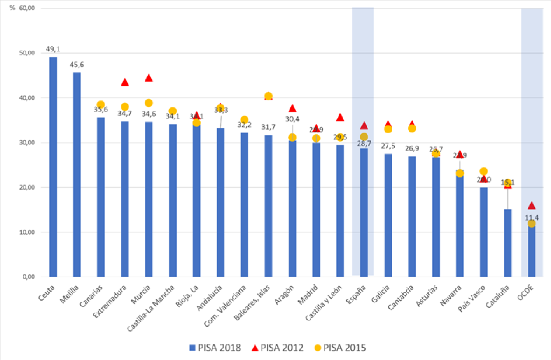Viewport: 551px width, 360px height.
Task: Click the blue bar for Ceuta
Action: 53,167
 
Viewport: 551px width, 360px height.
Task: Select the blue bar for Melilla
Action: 77,175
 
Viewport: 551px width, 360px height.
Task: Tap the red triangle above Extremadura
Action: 125,82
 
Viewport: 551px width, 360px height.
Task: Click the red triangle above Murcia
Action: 149,78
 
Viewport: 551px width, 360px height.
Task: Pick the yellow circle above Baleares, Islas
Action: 268,96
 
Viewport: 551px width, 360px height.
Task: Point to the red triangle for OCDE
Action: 532,205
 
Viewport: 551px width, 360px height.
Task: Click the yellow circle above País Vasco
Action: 484,171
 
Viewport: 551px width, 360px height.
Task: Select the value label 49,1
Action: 53,49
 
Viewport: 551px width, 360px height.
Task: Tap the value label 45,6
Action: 77,65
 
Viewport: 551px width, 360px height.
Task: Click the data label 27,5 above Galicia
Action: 388,146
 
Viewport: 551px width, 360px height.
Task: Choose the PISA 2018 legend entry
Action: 215,348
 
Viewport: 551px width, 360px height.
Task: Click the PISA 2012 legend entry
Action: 277,348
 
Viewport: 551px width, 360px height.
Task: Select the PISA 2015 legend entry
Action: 340,348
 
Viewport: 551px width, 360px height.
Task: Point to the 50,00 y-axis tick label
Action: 27,53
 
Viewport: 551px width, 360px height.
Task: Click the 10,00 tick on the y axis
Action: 27,232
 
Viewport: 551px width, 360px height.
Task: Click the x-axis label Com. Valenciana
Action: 226,306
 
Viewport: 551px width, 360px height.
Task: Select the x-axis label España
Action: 356,295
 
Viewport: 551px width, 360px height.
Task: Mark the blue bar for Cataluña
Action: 507,243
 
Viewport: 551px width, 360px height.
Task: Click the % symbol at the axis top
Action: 12,8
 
